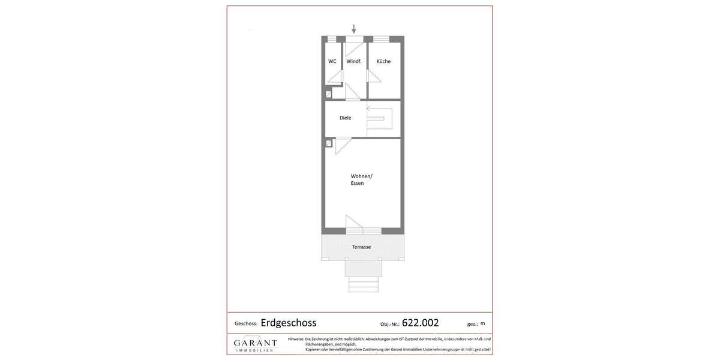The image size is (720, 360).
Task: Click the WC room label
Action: pyautogui.click(x=332, y=61)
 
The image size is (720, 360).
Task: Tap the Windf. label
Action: pyautogui.click(x=354, y=61)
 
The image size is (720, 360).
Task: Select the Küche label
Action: pyautogui.click(x=383, y=61)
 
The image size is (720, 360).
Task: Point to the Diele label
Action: pyautogui.click(x=345, y=118)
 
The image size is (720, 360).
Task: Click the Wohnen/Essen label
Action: pyautogui.click(x=361, y=179)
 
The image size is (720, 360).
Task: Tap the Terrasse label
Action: pyautogui.click(x=361, y=247)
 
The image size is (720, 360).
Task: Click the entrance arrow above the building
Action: pyautogui.click(x=354, y=29)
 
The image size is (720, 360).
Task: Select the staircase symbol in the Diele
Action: pyautogui.click(x=380, y=118)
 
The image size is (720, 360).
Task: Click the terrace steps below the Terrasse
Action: pyautogui.click(x=364, y=284)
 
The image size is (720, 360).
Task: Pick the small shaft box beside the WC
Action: pyautogui.click(x=328, y=94)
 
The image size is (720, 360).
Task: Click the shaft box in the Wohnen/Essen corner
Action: pyautogui.click(x=328, y=143)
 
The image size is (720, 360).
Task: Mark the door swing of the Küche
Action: pyautogui.click(x=374, y=76)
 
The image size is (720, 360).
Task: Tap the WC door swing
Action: pyautogui.click(x=335, y=77)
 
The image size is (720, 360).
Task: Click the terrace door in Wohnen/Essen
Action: pyautogui.click(x=354, y=221)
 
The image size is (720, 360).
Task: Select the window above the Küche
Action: pyautogui.click(x=381, y=39)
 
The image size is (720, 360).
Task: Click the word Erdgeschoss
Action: pyautogui.click(x=289, y=323)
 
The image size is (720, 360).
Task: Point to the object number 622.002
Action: pyautogui.click(x=420, y=323)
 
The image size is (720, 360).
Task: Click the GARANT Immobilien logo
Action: pyautogui.click(x=255, y=344)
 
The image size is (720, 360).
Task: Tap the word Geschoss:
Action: pyautogui.click(x=246, y=324)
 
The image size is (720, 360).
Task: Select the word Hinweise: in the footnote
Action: pyautogui.click(x=296, y=339)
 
